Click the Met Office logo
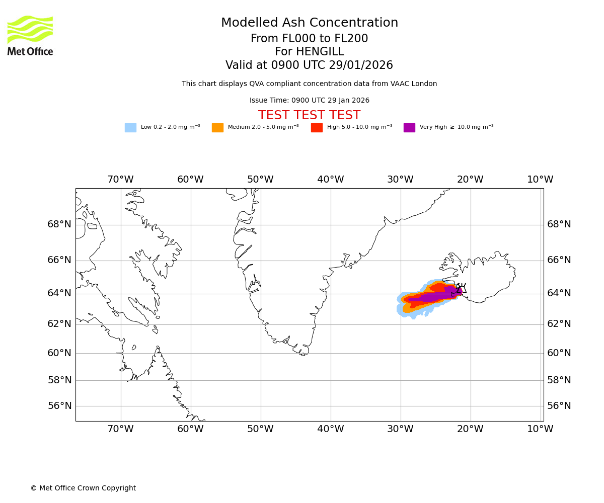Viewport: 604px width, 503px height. coord(30,35)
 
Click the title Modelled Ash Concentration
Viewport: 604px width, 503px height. coord(309,23)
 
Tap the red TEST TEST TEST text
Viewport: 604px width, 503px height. coord(309,116)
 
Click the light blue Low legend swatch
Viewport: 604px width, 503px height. coord(130,128)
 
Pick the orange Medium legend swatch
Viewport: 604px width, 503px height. coord(217,128)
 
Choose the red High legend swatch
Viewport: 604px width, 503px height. coord(317,128)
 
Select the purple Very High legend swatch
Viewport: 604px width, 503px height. coord(409,128)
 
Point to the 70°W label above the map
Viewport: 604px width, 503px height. coord(120,180)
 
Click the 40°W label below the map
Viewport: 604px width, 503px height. coord(330,429)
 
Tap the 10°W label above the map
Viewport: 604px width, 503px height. coord(540,180)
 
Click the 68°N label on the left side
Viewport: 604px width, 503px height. coord(59,224)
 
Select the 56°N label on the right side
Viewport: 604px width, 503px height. coord(559,406)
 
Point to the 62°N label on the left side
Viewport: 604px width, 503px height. coord(59,324)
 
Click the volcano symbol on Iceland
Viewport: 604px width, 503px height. coord(461,289)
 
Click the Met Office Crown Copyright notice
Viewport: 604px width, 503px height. coord(83,488)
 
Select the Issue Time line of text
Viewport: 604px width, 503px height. coord(309,101)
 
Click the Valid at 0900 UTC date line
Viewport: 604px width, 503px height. coord(309,65)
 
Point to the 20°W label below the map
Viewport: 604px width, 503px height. coord(470,429)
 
